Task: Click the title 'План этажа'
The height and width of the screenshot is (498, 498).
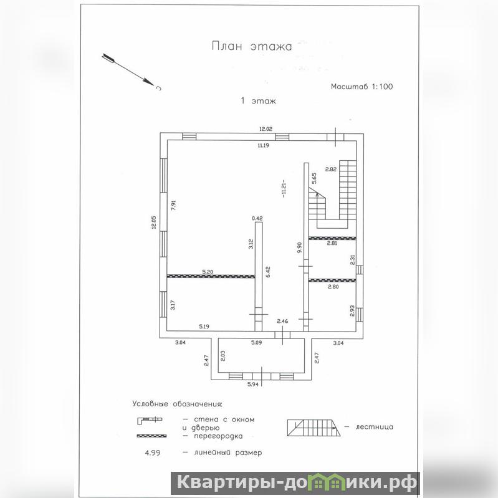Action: point(252,46)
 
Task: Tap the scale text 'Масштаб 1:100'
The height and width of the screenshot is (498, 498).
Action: point(362,87)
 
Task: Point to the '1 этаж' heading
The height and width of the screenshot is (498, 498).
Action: point(258,101)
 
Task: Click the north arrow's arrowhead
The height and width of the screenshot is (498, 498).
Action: point(148,82)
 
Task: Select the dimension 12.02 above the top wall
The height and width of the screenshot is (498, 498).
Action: point(266,129)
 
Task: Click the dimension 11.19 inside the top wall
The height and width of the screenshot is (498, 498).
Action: point(264,145)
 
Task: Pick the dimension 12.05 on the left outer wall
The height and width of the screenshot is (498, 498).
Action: point(154,223)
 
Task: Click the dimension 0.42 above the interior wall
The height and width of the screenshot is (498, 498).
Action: point(257,218)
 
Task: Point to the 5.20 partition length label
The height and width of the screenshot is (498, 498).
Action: point(208,272)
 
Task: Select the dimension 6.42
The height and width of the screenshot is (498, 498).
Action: point(268,272)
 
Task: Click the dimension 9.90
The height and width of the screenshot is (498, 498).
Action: point(299,247)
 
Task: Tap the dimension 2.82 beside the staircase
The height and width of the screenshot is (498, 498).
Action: point(330,170)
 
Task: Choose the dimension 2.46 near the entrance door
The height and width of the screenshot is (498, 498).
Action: point(282,321)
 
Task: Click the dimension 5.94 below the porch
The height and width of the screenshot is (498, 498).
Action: point(253,385)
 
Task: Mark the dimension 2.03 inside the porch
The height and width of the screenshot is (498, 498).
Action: point(223,356)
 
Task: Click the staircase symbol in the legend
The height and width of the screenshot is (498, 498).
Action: point(314,428)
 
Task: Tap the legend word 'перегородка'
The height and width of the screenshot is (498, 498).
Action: point(218,436)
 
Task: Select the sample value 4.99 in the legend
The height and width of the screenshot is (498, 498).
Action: point(153,453)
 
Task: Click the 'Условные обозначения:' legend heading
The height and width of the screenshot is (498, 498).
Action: point(177,405)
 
